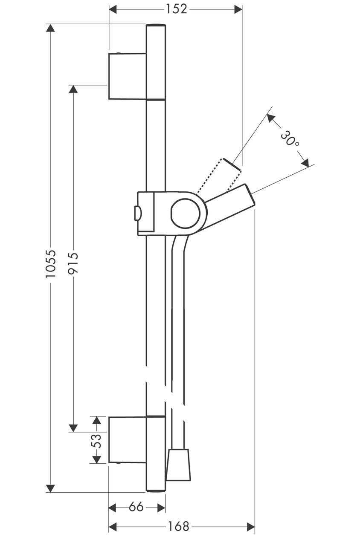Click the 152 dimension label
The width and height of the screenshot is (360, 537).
(x=176, y=9)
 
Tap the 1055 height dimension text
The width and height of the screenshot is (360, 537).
(x=51, y=264)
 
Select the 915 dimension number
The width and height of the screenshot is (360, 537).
(x=73, y=263)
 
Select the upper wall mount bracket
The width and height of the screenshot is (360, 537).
(x=128, y=76)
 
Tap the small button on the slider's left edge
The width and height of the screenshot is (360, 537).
(x=137, y=213)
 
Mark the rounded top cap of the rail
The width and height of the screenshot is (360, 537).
(x=156, y=25)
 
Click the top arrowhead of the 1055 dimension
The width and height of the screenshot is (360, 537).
(x=50, y=28)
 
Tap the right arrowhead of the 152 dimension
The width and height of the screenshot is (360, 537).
(x=238, y=9)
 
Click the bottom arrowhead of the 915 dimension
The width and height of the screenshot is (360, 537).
(x=73, y=428)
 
